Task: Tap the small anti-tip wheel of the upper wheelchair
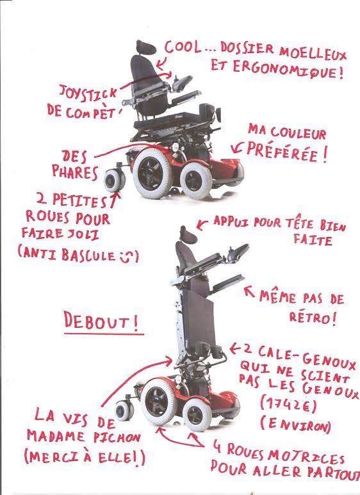[113, 181]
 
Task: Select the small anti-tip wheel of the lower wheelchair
[122, 410]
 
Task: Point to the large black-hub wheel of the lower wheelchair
[156, 401]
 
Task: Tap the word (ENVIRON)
[295, 425]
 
